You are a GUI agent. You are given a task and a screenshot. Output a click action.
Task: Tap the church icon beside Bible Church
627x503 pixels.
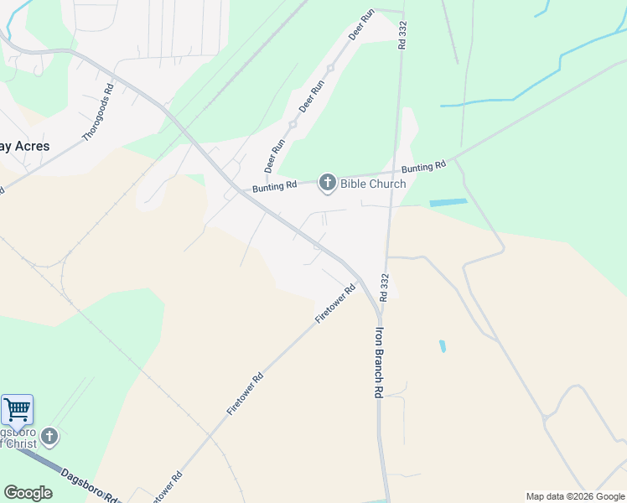(327, 183)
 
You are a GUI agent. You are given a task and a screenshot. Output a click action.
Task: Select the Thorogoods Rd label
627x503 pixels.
(97, 114)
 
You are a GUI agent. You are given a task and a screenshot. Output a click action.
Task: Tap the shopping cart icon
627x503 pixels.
(17, 411)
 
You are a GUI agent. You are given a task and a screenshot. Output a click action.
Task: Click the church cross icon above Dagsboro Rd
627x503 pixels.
(49, 437)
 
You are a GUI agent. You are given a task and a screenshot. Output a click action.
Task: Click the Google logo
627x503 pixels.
(28, 493)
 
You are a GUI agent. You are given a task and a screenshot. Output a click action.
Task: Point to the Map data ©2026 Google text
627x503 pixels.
(574, 496)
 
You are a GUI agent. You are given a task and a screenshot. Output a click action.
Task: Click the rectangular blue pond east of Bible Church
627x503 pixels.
(448, 203)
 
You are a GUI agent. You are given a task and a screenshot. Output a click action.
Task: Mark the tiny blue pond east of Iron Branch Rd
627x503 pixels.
(442, 345)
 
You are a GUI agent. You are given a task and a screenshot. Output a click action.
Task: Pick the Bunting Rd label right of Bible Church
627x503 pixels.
(423, 168)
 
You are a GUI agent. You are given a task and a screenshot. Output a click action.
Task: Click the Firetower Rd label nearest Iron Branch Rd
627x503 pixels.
(335, 303)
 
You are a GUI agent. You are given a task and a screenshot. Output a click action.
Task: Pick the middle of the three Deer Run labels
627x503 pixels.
(312, 97)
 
